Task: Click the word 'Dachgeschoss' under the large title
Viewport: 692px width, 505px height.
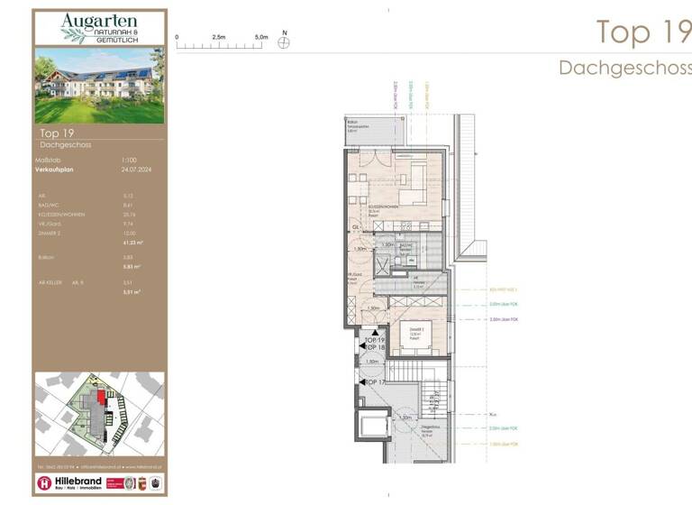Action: pos(624,69)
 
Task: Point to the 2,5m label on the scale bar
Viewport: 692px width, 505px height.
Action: pos(219,37)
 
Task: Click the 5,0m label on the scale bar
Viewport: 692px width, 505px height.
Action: pos(261,37)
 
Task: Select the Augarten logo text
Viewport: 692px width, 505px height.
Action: pos(99,23)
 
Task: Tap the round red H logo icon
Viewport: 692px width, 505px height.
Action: pos(44,483)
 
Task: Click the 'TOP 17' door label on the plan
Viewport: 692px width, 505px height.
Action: pos(374,382)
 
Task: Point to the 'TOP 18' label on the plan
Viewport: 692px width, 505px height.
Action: pos(375,347)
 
